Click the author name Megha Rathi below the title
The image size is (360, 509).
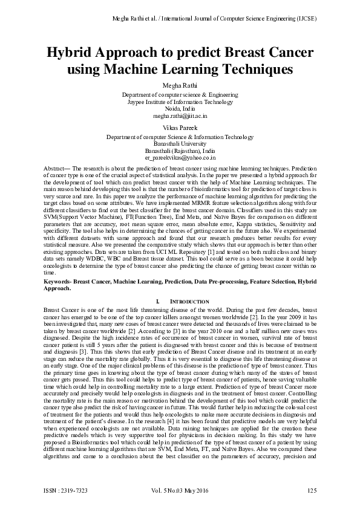[180, 85]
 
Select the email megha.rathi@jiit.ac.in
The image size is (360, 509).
[180, 115]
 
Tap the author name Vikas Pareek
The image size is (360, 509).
[180, 128]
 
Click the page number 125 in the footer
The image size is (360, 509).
[312, 490]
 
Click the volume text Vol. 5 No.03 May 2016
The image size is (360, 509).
[181, 490]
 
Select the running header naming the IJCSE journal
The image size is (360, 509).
[215, 19]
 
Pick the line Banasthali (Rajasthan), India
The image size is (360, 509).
[180, 151]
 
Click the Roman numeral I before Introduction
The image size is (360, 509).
[157, 300]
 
